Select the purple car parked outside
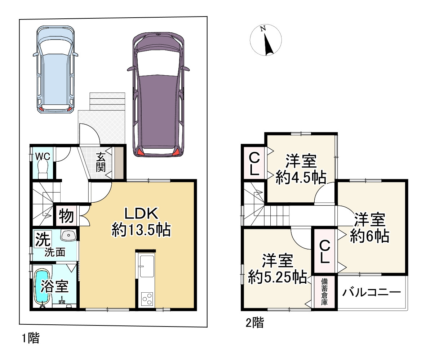click(x=158, y=95)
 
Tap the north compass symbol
click(x=266, y=40)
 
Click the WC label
click(x=43, y=157)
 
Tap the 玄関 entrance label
click(x=101, y=162)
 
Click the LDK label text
click(x=141, y=213)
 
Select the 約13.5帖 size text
click(x=141, y=230)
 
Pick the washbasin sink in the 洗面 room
click(x=69, y=235)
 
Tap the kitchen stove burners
click(x=147, y=300)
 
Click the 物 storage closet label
click(x=66, y=216)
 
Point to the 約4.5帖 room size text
click(x=301, y=178)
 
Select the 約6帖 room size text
click(x=369, y=236)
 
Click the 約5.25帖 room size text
click(x=278, y=277)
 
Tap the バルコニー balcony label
click(x=371, y=292)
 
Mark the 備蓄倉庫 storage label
click(x=324, y=292)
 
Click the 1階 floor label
click(x=31, y=338)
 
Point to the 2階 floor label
click(x=255, y=323)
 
